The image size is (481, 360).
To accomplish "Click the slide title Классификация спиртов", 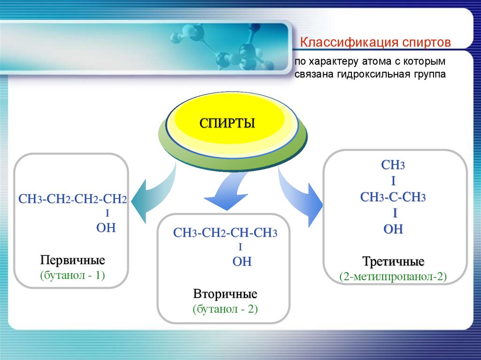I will [x=376, y=43].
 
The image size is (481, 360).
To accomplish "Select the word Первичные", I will [x=72, y=260].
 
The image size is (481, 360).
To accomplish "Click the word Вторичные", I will [x=225, y=295].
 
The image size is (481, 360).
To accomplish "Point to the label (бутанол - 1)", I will [x=72, y=275].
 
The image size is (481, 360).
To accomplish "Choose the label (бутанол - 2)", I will [x=225, y=309].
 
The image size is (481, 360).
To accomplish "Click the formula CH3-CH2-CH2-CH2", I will [x=72, y=199].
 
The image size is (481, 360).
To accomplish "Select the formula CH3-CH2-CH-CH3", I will [x=225, y=233].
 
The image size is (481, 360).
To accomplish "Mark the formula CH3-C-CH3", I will [x=393, y=197].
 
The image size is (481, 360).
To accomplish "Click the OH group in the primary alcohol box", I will [x=106, y=228].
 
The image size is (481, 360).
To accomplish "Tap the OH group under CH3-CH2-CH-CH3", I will [x=242, y=262].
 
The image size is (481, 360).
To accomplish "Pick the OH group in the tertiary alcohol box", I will [x=393, y=230].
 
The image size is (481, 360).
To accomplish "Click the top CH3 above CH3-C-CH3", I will [x=393, y=166].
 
